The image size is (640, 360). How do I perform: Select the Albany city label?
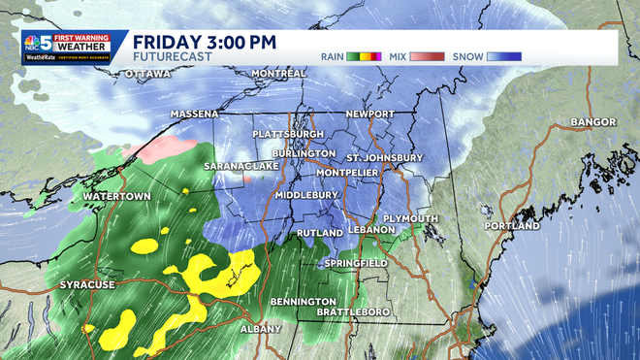click(x=261, y=330)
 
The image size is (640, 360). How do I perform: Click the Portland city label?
click(x=512, y=226)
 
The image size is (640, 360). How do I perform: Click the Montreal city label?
click(x=278, y=74)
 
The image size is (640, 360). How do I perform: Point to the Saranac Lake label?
click(x=240, y=167)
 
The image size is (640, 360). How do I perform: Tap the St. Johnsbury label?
click(x=385, y=157)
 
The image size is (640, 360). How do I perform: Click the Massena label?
click(x=195, y=115)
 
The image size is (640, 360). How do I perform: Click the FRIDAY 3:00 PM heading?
click(x=205, y=42)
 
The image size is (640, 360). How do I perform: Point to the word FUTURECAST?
click(x=167, y=57)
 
